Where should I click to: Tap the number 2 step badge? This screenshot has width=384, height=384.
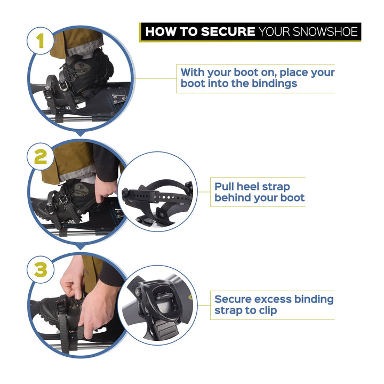41,156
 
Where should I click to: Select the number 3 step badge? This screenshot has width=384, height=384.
41,269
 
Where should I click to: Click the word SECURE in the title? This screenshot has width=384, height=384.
228,31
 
